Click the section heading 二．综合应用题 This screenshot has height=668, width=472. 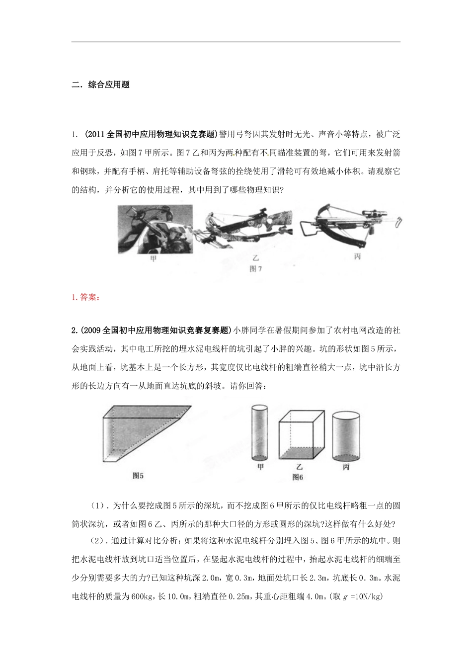tap(100, 84)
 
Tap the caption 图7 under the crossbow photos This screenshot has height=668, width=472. tap(256, 269)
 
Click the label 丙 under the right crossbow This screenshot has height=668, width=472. tap(357, 256)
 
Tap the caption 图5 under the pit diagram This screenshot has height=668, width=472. tap(138, 475)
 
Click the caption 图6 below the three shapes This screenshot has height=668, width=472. tap(298, 477)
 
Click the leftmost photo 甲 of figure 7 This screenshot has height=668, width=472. tap(154, 230)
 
